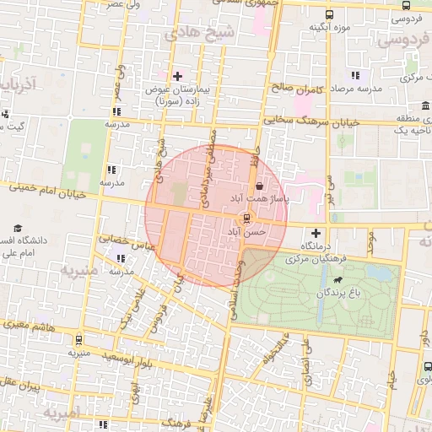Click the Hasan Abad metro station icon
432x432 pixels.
click(x=246, y=217)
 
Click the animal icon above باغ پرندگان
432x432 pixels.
click(x=337, y=279)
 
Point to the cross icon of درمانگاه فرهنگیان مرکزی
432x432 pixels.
click(x=316, y=233)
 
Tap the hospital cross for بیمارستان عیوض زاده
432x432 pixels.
click(x=177, y=76)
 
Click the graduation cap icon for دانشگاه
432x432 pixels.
click(x=18, y=229)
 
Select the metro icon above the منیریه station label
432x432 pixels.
click(x=78, y=341)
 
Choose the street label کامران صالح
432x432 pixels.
click(x=292, y=87)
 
